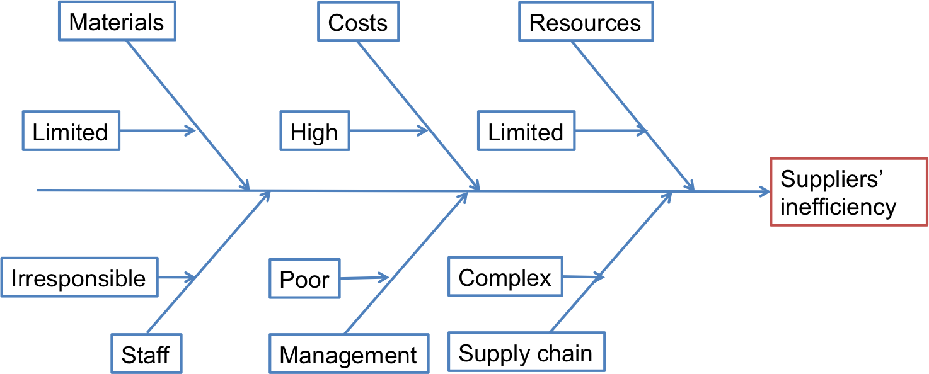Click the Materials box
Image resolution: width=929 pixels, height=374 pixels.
117,22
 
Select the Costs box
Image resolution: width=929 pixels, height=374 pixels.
357,23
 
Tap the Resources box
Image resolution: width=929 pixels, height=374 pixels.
585,23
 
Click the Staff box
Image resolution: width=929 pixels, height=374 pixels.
146,354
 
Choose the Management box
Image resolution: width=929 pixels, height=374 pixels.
349,354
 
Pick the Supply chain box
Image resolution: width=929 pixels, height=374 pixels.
526,353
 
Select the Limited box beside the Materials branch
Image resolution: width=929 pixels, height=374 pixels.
71,132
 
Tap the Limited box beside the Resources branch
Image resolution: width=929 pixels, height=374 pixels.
526,132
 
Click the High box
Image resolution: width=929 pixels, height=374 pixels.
314,132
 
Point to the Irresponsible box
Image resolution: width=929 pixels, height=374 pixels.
78,278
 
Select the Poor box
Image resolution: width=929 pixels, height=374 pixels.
304,279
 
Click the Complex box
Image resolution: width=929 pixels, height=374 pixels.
505,277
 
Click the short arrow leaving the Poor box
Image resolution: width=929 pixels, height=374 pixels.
364,277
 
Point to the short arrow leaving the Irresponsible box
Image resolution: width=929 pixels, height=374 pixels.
176,277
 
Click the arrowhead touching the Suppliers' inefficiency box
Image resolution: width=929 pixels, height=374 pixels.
764,191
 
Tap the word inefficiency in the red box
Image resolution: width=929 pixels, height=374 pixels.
838,207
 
